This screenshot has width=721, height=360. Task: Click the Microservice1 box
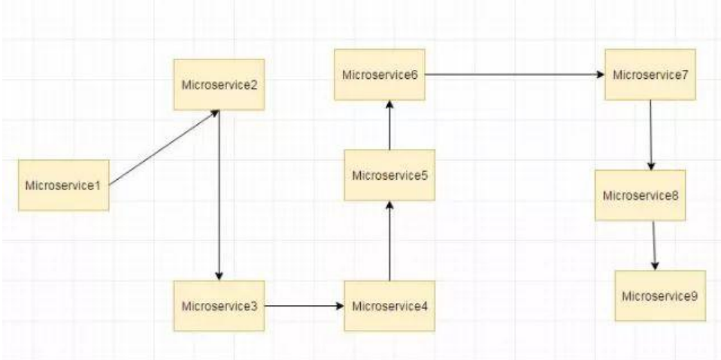pyautogui.click(x=64, y=184)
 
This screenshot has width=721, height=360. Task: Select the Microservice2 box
pyautogui.click(x=219, y=83)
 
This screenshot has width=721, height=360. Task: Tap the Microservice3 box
pyautogui.click(x=219, y=306)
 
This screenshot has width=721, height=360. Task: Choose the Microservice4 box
pyautogui.click(x=389, y=306)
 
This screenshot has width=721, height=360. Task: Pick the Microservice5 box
pyautogui.click(x=389, y=175)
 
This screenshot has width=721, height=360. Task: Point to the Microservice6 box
pyautogui.click(x=379, y=75)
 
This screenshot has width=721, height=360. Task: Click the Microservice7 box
pyautogui.click(x=650, y=75)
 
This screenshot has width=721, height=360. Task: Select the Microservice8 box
pyautogui.click(x=640, y=195)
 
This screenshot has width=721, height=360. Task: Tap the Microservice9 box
pyautogui.click(x=659, y=295)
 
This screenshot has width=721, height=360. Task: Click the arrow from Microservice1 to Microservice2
pyautogui.click(x=164, y=147)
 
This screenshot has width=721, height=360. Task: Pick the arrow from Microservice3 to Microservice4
pyautogui.click(x=304, y=307)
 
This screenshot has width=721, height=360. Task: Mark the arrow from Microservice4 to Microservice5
pyautogui.click(x=389, y=241)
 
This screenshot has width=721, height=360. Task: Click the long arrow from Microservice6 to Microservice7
pyautogui.click(x=514, y=75)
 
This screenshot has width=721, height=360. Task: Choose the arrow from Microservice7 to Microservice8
pyautogui.click(x=650, y=135)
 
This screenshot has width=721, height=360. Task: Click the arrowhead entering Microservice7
pyautogui.click(x=601, y=75)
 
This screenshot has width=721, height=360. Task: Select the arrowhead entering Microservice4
pyautogui.click(x=341, y=307)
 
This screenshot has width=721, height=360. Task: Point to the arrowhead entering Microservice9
pyautogui.click(x=655, y=265)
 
